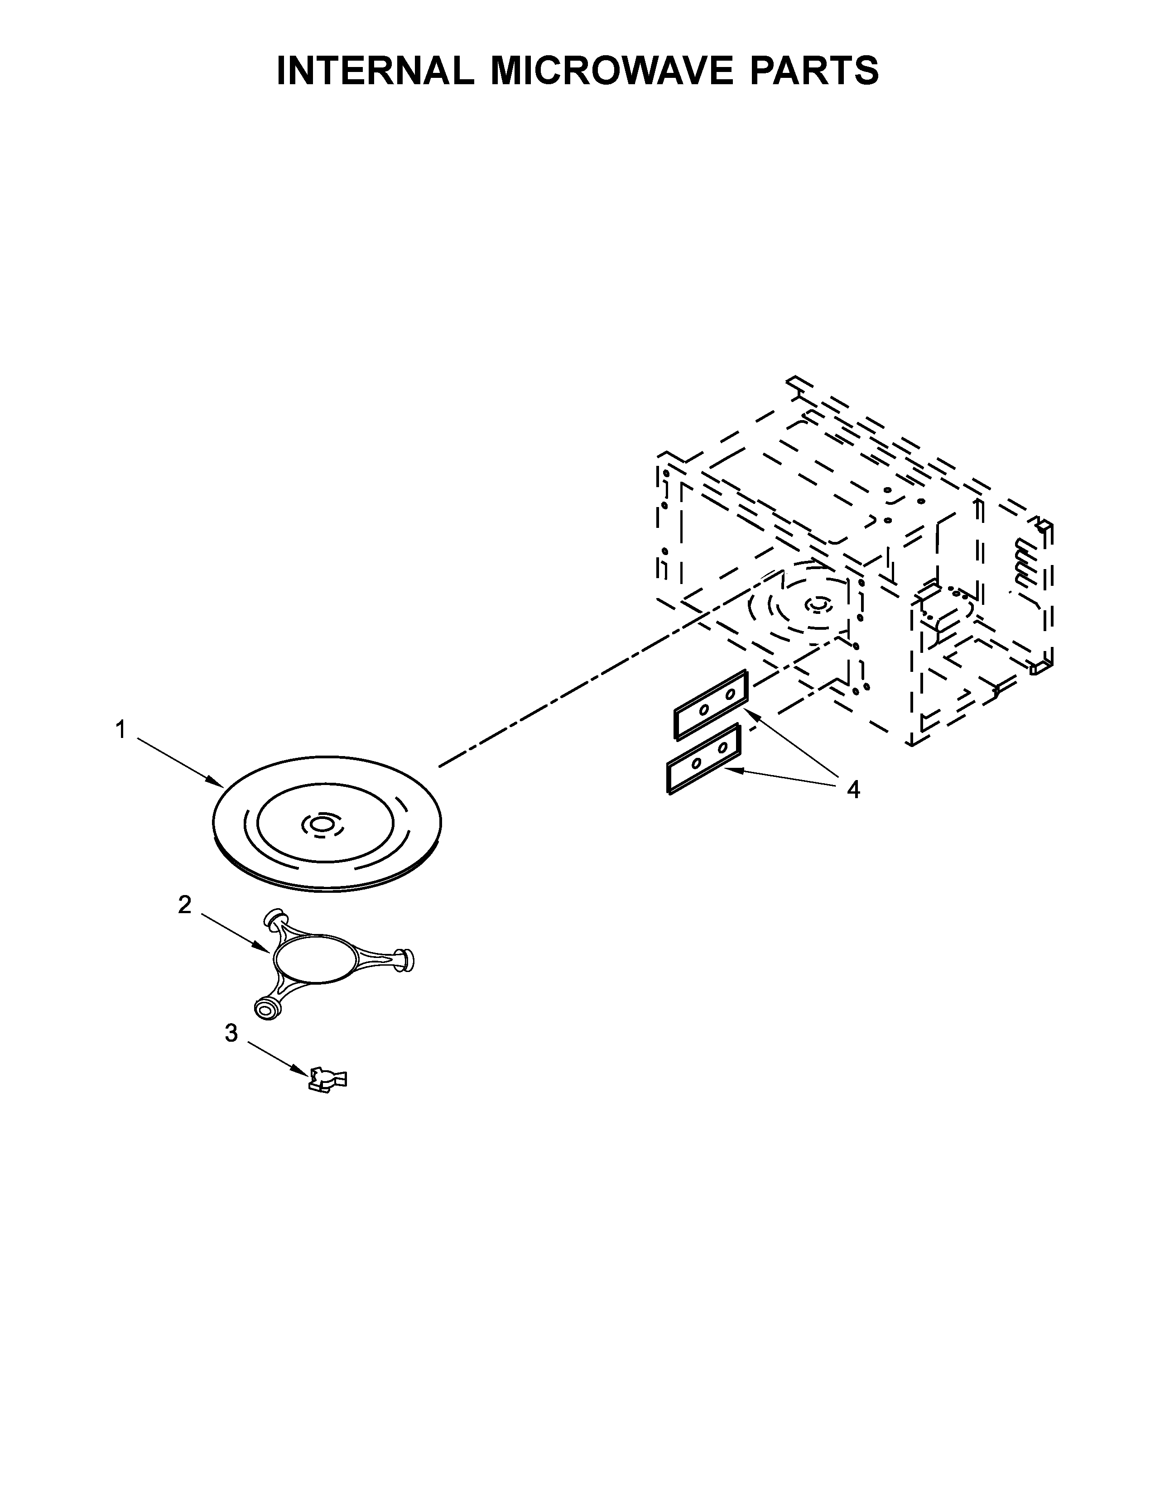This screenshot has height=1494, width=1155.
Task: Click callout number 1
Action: coord(121,731)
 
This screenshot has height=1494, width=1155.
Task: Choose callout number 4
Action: coord(852,790)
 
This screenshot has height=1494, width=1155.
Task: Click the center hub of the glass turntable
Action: coord(320,826)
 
